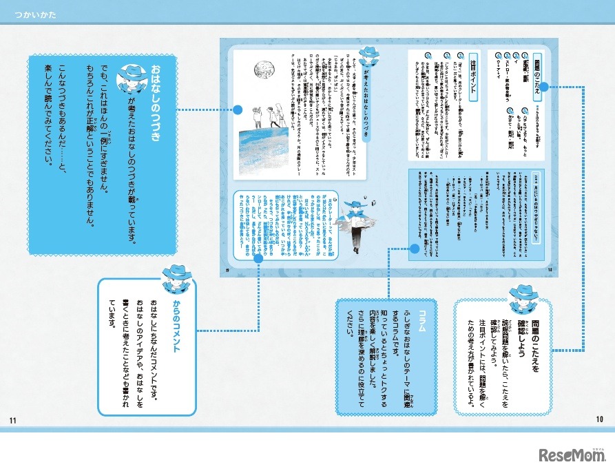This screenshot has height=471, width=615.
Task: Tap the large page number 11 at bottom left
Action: pos(12,421)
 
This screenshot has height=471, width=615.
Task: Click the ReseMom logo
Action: pos(572,454)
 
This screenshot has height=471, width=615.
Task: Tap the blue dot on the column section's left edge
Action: pos(415,248)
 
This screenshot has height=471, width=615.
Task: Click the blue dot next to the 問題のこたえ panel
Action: pos(543,87)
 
